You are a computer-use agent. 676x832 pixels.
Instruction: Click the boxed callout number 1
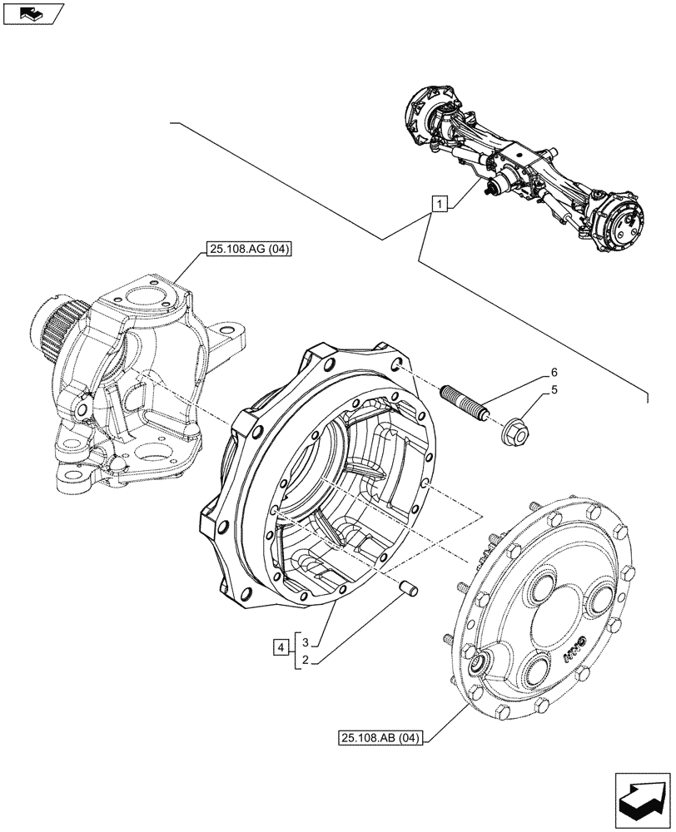[440, 202]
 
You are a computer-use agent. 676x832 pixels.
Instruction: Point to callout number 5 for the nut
[553, 389]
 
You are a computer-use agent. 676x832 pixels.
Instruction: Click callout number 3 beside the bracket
[306, 642]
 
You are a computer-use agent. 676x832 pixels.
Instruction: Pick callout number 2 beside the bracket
[306, 659]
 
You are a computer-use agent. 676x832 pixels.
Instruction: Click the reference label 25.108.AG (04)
[245, 249]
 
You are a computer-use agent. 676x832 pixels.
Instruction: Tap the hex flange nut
[514, 430]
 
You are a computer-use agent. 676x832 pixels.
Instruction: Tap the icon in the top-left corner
[32, 13]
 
